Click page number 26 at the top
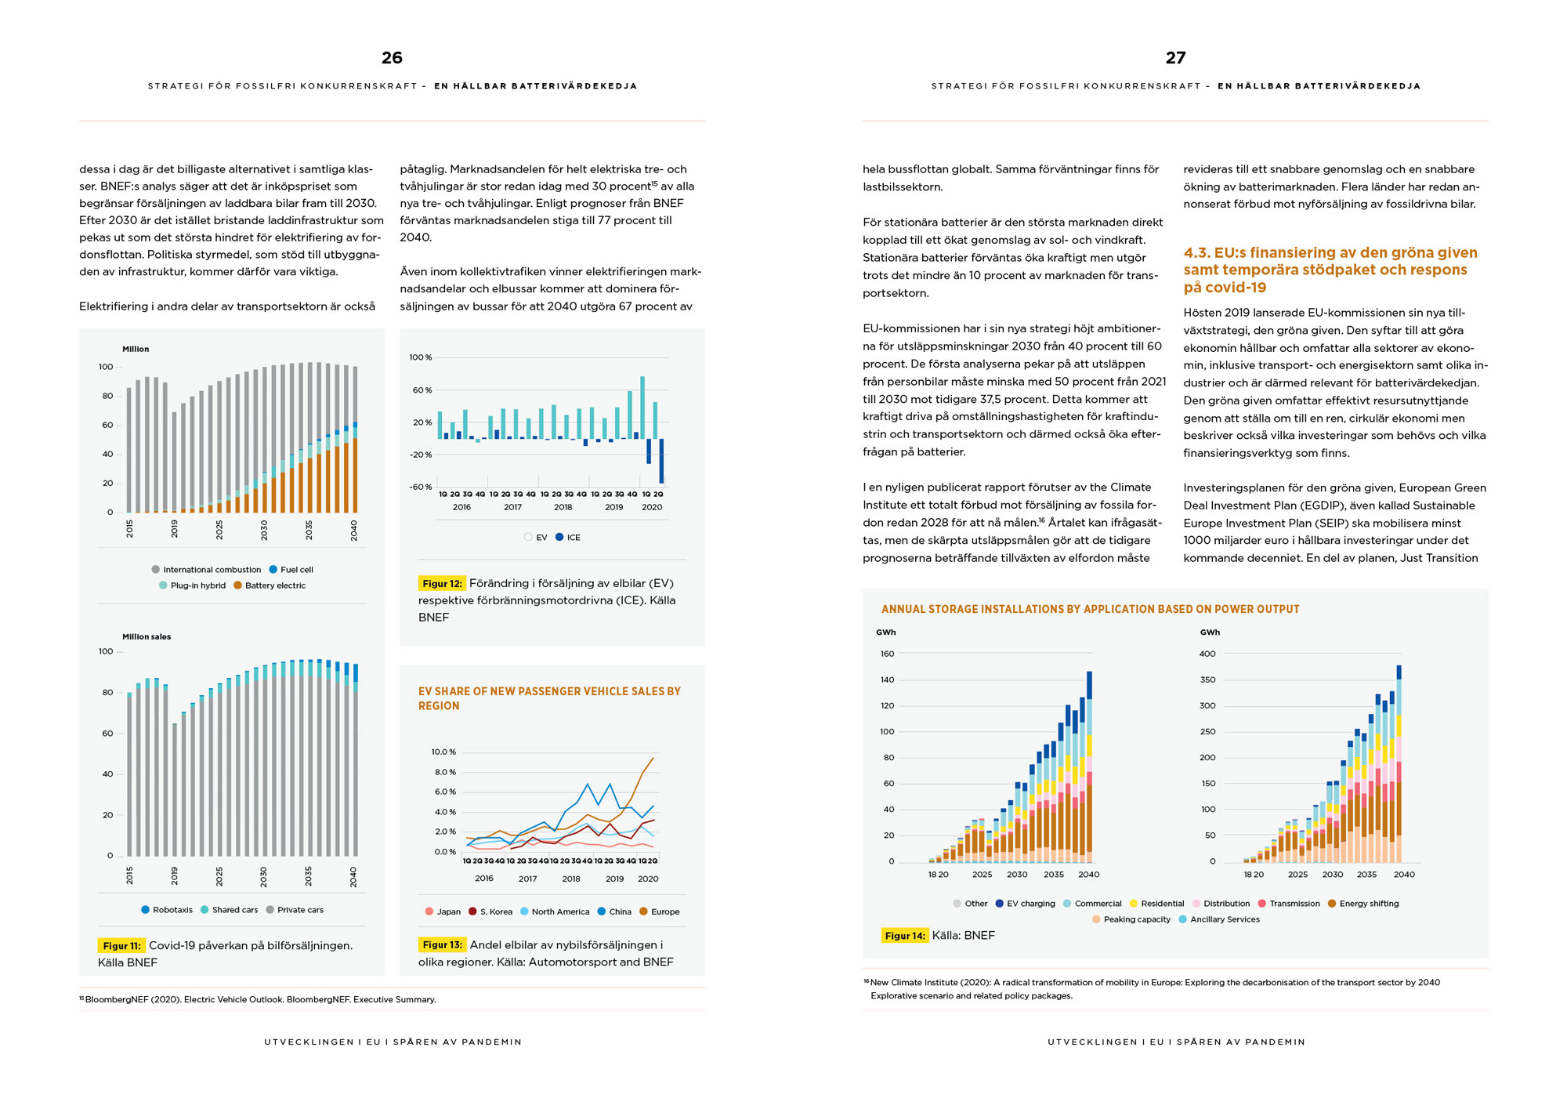(392, 57)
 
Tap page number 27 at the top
(1175, 57)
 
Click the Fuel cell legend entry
(291, 570)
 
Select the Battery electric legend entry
(270, 585)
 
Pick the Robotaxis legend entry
(167, 910)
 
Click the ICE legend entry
(568, 538)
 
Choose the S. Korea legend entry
(490, 911)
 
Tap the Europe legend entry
(660, 911)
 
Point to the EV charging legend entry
(1026, 904)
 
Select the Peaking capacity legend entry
(1131, 919)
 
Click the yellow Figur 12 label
(442, 583)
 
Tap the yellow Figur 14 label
(905, 936)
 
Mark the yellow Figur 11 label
(121, 946)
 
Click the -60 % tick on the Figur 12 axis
(421, 487)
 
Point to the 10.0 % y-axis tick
(443, 752)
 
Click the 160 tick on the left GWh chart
(887, 654)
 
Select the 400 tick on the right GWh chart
(1208, 654)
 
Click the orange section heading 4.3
(1330, 270)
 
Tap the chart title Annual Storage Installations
(1091, 609)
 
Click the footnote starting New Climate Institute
(1152, 989)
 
